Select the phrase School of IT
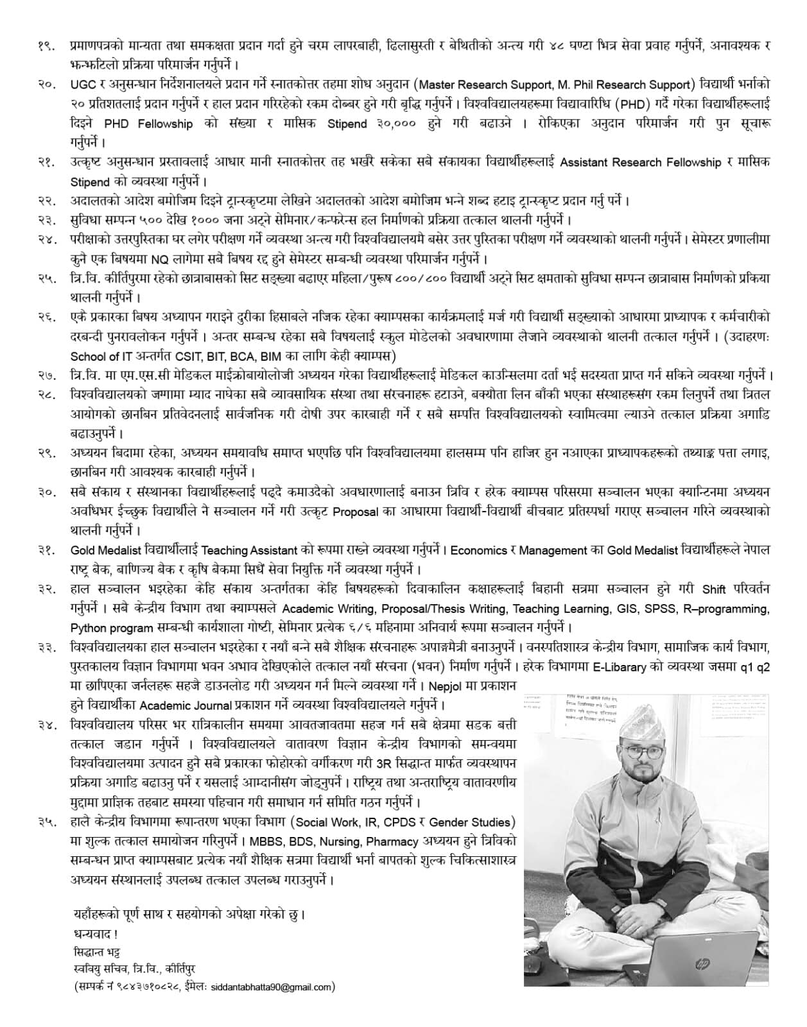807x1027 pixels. (x=103, y=356)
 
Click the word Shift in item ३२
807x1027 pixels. (x=714, y=589)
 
